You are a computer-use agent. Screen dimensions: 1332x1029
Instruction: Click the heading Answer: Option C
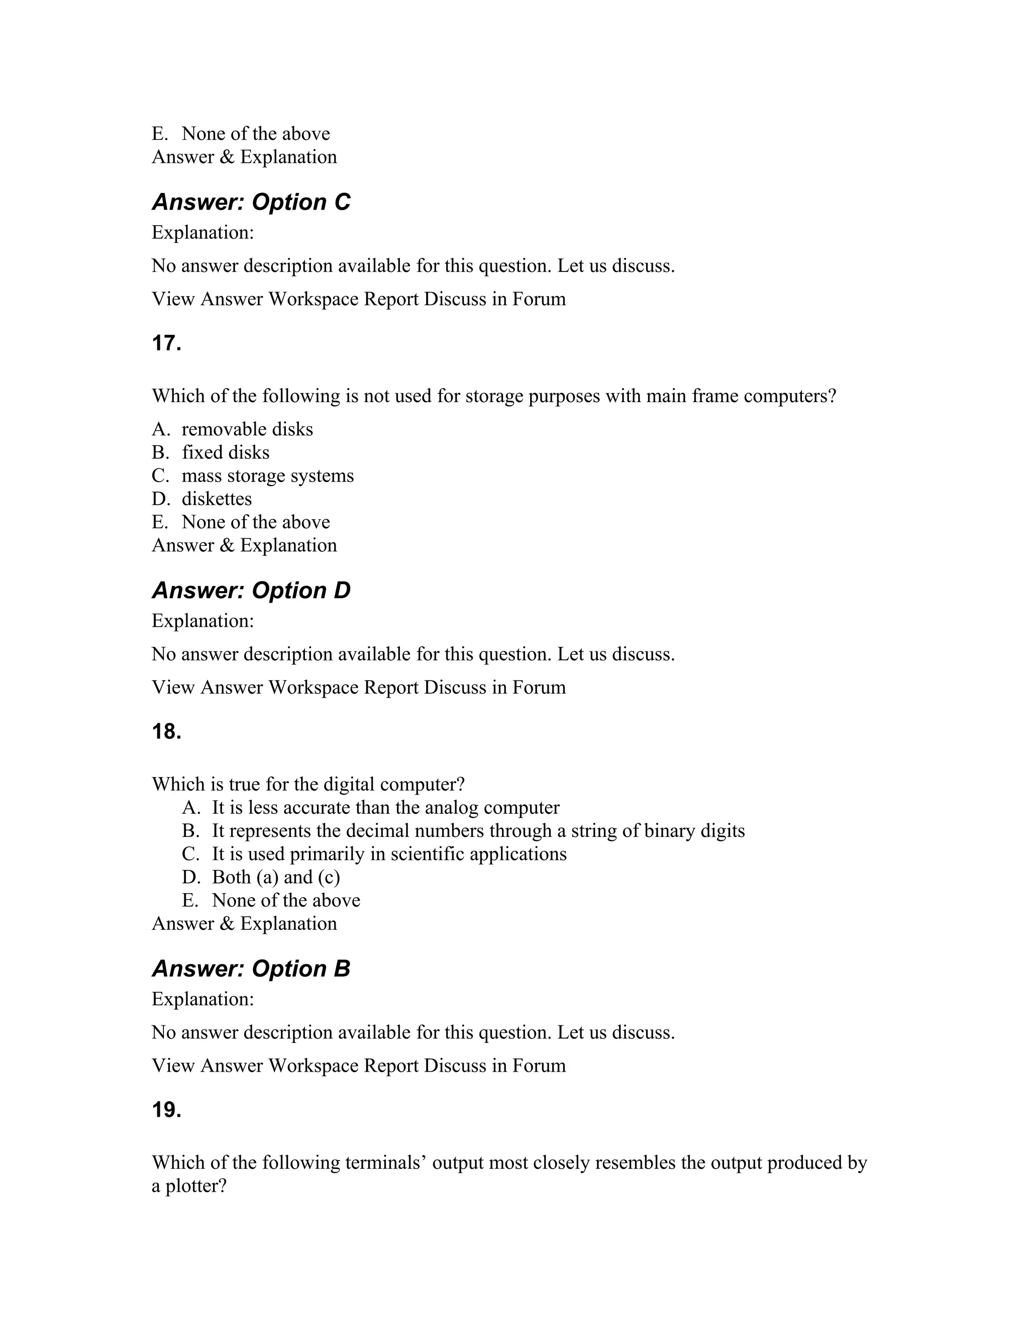tap(251, 202)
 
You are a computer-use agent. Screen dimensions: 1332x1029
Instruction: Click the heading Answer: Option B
tap(251, 969)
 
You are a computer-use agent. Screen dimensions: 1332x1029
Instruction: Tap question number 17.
tap(166, 343)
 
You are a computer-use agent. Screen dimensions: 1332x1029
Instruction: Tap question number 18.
tap(166, 731)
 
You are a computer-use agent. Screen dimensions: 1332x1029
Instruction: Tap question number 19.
tap(166, 1110)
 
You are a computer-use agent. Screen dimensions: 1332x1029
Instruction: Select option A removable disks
tap(247, 429)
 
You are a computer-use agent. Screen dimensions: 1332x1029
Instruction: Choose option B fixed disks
tap(225, 452)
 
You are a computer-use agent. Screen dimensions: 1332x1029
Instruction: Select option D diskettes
tap(217, 499)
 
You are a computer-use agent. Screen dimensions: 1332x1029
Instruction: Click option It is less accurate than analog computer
tap(385, 808)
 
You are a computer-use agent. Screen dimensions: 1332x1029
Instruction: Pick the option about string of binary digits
tap(478, 831)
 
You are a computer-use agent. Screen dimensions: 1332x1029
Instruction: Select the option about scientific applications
tap(389, 854)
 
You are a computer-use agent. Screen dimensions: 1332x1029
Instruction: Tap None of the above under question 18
tap(286, 900)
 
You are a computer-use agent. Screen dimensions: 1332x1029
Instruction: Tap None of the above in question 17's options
tap(255, 522)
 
